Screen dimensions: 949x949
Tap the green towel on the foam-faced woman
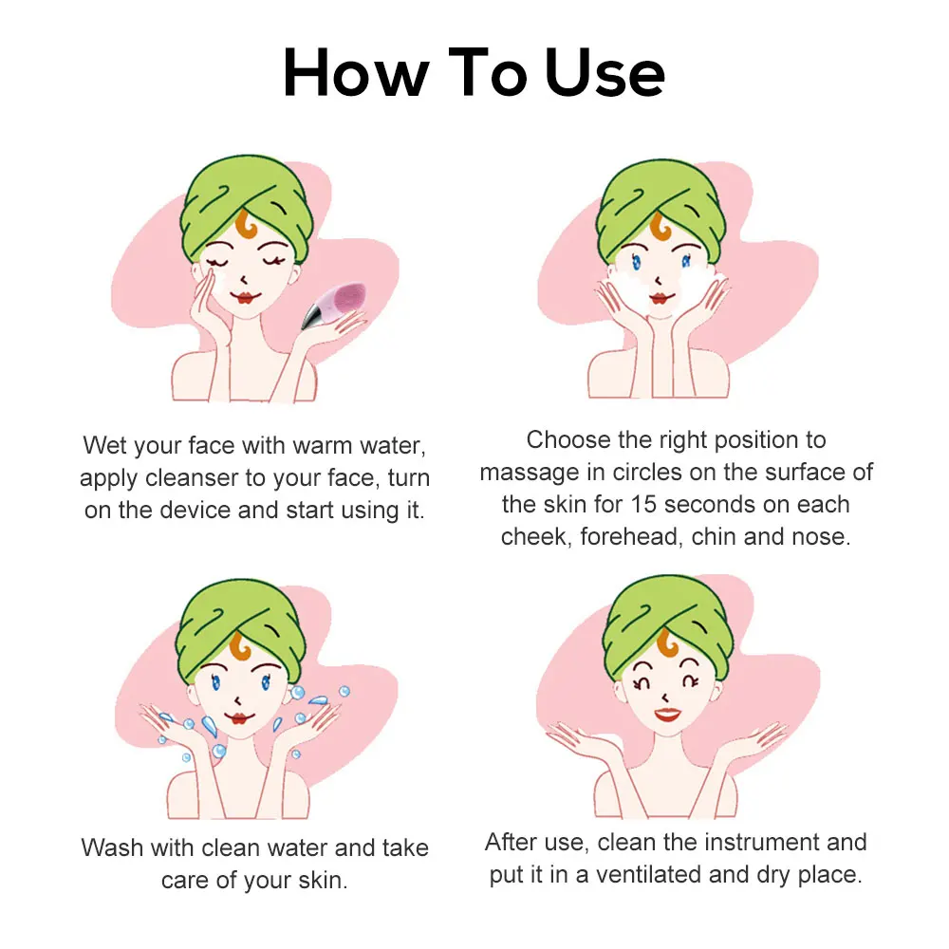click(x=664, y=199)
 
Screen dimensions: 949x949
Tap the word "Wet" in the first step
click(x=104, y=444)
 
